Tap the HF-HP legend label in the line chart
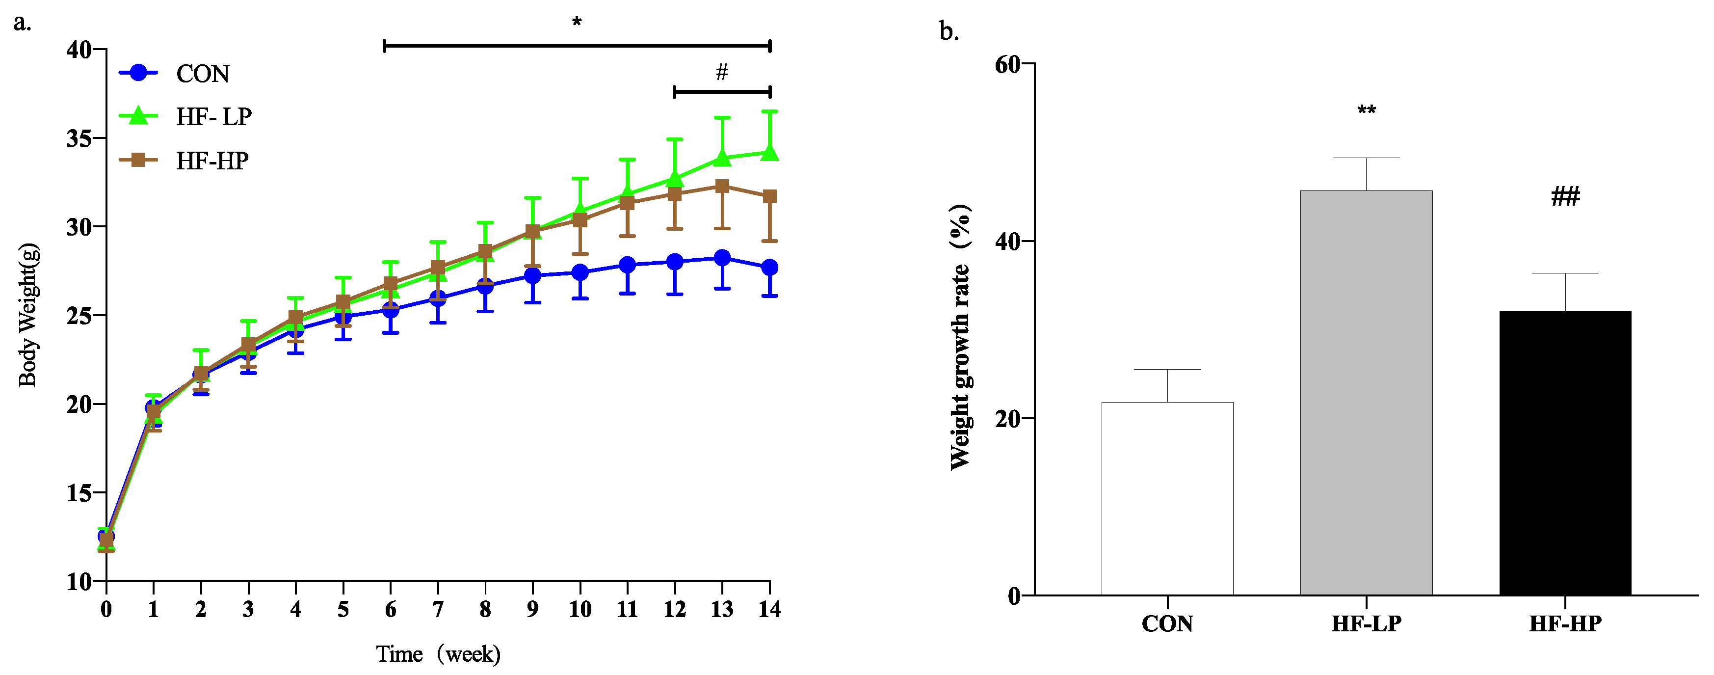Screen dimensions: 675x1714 (x=211, y=161)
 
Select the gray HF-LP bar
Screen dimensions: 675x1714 (x=1366, y=393)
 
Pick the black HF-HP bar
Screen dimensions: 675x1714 (x=1565, y=453)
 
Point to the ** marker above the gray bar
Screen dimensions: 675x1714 (x=1367, y=110)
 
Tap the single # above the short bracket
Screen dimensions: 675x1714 (x=722, y=71)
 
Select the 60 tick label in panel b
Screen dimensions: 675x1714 (x=1007, y=65)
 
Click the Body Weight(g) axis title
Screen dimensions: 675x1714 (x=28, y=314)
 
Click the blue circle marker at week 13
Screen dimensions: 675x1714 (x=722, y=258)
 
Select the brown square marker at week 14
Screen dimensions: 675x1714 (x=770, y=196)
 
